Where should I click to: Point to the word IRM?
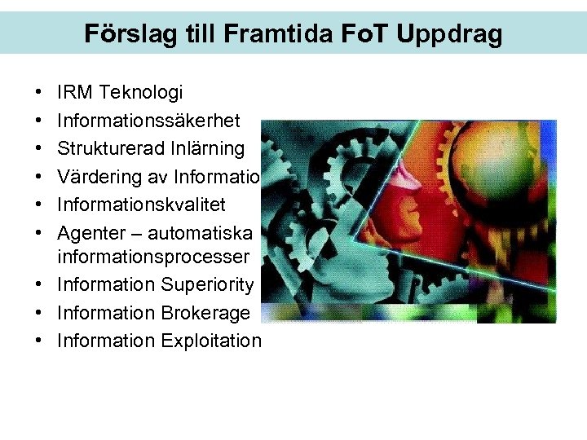coord(76,94)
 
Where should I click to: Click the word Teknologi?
coord(141,94)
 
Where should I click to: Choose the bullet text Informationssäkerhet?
coord(148,121)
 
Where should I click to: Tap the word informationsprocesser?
coord(153,257)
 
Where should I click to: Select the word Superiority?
coord(210,285)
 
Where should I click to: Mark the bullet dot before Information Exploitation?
coord(39,341)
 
